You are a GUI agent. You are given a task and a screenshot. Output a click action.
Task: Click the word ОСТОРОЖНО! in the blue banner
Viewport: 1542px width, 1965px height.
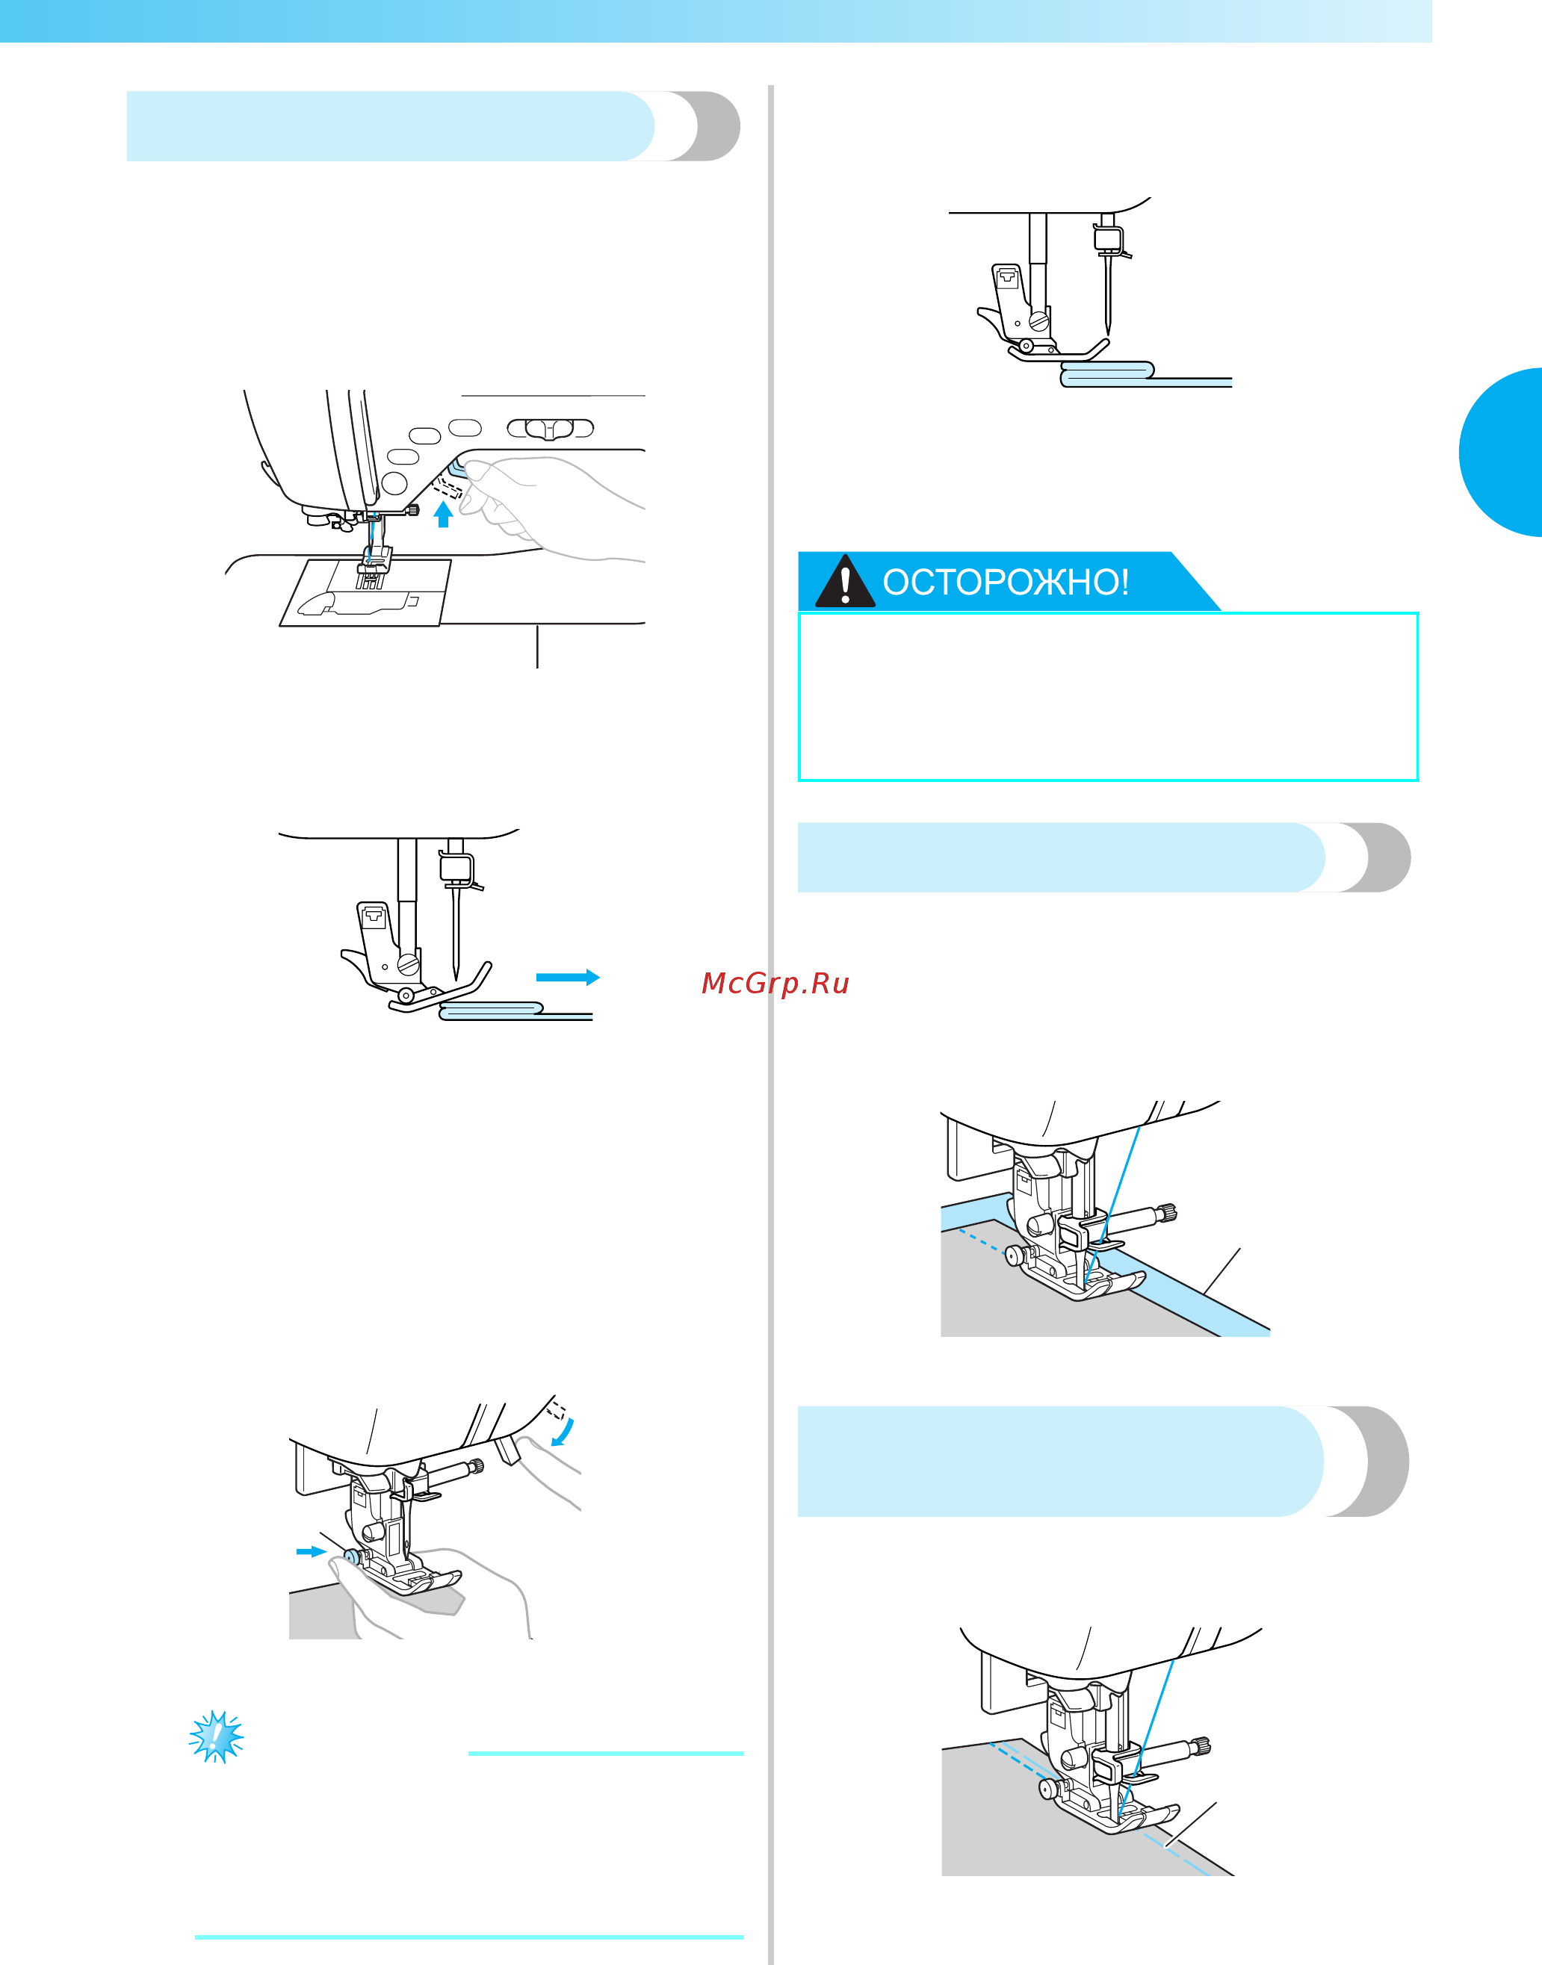pos(1006,583)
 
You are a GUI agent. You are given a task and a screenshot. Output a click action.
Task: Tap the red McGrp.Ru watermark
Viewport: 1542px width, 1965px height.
pos(775,983)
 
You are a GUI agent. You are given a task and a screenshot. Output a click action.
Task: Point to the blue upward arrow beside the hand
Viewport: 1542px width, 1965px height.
pos(442,515)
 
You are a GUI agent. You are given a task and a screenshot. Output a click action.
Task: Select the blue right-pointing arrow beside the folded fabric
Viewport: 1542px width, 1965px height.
pos(568,977)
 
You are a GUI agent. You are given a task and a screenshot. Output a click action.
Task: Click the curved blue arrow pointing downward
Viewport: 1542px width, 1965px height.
pos(563,1432)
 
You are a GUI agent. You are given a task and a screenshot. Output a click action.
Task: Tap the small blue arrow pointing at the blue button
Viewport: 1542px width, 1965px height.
pos(312,1551)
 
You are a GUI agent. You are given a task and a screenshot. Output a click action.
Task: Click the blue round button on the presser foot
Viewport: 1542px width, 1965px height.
pos(351,1556)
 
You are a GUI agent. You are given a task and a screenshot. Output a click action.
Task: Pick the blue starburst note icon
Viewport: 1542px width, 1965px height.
pos(217,1736)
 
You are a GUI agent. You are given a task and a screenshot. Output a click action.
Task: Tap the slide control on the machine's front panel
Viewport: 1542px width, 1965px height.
pos(550,428)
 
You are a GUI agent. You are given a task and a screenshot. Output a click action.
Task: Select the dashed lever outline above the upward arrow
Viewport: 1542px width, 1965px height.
pos(448,489)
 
